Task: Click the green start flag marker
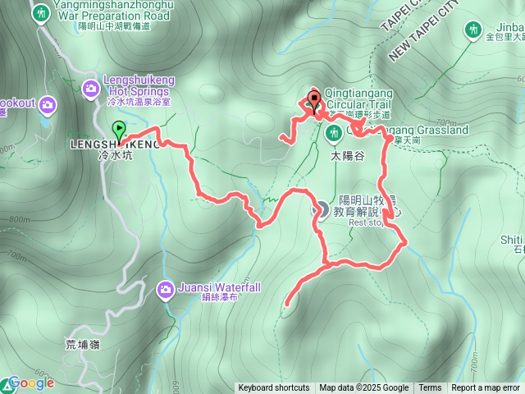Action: [120, 130]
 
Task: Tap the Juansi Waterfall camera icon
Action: [167, 289]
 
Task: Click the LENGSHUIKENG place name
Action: [128, 144]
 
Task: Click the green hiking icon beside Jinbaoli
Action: [472, 30]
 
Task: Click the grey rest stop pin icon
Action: [323, 210]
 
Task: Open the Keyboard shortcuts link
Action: [274, 388]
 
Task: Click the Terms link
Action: [430, 388]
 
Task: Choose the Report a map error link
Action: [486, 388]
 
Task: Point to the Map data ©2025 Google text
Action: [364, 388]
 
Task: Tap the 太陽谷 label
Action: [347, 154]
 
